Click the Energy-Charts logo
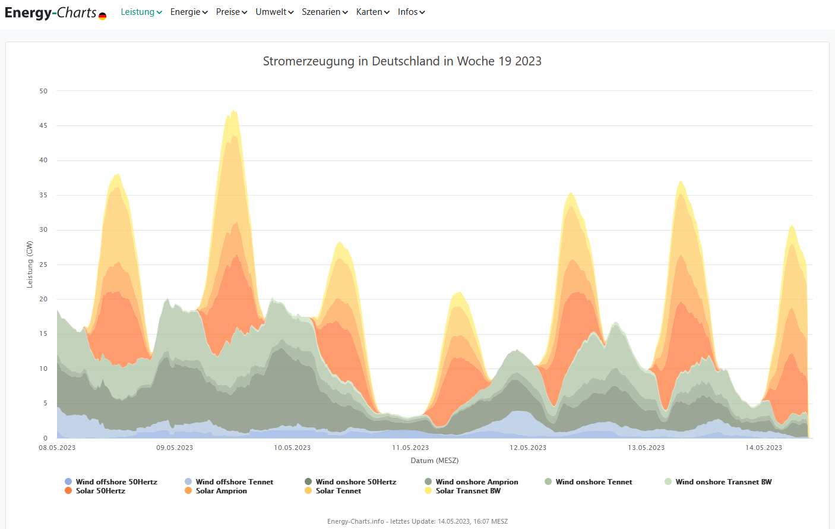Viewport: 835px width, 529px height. [x=55, y=12]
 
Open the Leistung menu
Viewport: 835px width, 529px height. [x=141, y=12]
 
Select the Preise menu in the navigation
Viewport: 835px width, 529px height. [x=231, y=12]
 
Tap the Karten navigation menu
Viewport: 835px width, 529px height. [x=372, y=12]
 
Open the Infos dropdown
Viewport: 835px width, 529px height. [x=411, y=12]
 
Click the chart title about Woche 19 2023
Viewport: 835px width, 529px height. [x=402, y=61]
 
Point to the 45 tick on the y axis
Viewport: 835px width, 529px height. [x=43, y=125]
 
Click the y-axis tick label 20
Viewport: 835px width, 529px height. [x=43, y=299]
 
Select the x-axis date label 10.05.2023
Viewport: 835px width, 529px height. [x=292, y=448]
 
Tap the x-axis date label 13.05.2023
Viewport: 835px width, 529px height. [x=646, y=448]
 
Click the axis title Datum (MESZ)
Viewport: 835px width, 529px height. [x=434, y=461]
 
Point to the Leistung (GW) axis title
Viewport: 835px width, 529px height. [x=30, y=264]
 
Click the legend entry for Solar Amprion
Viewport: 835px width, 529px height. [x=221, y=491]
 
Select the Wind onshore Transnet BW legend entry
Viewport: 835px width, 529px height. [x=723, y=482]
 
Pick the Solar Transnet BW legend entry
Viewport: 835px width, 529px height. [x=467, y=491]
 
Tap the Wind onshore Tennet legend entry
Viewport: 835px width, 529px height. [x=593, y=482]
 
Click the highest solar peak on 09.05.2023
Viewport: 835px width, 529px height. [x=234, y=111]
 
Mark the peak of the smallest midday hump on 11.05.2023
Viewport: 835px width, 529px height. [x=458, y=292]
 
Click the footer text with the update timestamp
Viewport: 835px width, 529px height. [x=417, y=521]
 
